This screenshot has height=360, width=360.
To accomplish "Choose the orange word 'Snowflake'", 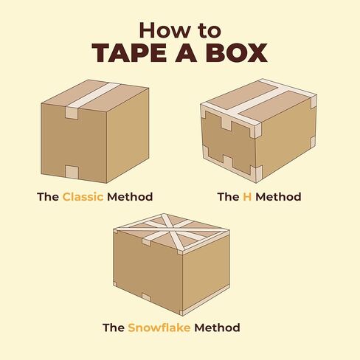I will (158, 327).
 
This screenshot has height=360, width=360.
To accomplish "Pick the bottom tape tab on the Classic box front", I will (72, 173).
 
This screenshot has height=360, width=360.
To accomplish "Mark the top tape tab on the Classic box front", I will (71, 114).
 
